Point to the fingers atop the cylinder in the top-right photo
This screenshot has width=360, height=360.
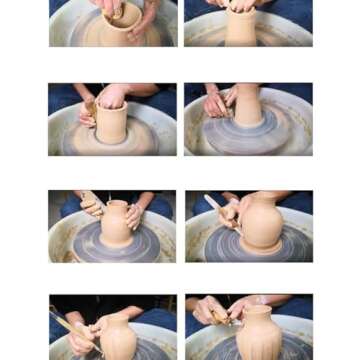point(240,7)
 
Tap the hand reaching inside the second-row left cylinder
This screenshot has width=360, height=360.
point(112,98)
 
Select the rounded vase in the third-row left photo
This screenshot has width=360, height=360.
point(119,223)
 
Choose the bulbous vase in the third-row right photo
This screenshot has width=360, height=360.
point(260,224)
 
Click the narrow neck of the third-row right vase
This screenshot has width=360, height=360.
point(254,198)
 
